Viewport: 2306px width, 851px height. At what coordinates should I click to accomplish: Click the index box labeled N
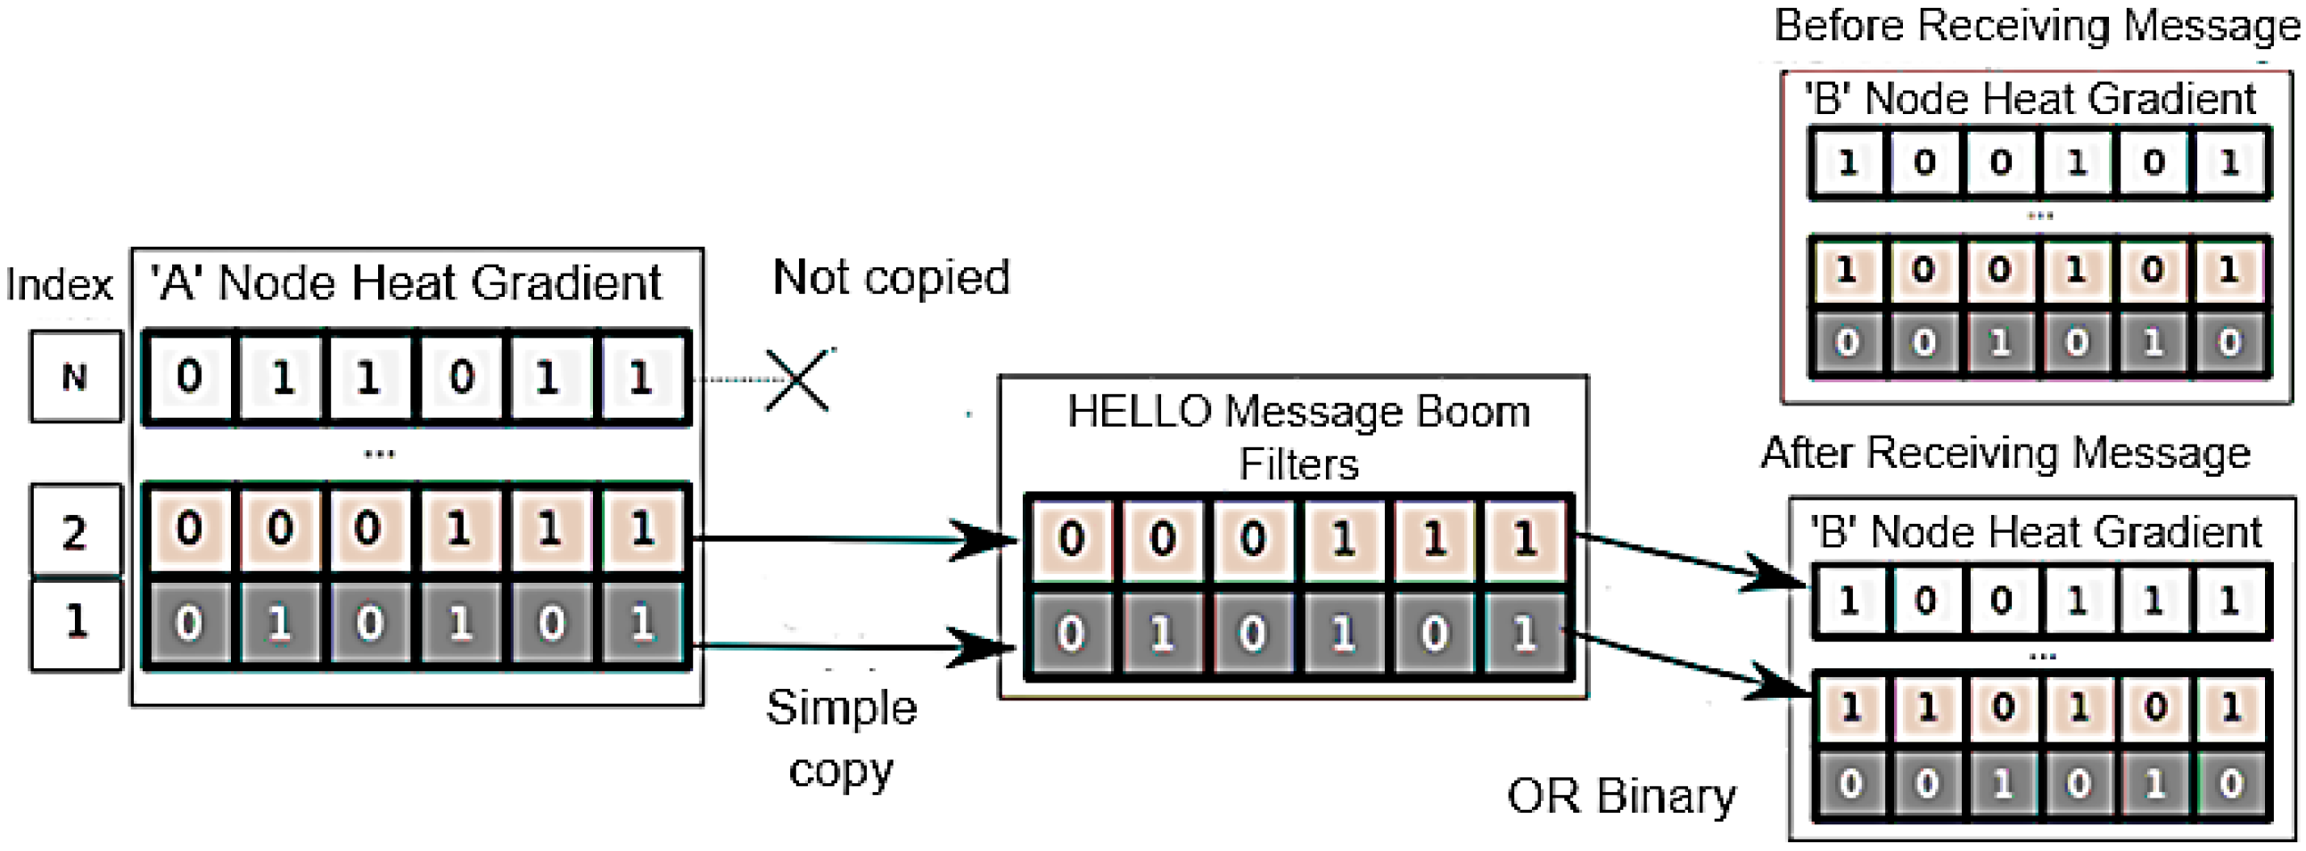75,377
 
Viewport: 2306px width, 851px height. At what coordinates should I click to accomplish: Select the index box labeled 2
75,530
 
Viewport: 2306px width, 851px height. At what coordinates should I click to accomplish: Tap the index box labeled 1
75,624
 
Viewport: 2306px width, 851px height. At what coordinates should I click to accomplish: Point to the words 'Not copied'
891,277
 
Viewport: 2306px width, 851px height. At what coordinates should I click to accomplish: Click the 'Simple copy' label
842,738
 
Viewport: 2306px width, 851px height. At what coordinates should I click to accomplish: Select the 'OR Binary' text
1620,796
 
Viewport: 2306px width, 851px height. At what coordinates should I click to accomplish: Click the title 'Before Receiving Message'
2037,25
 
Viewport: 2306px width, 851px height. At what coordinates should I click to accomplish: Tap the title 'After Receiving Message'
2005,453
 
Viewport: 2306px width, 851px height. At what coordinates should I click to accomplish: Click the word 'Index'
59,285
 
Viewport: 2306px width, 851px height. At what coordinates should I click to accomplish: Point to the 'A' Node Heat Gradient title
408,282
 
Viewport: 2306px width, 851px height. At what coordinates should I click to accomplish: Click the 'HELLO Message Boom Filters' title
1298,438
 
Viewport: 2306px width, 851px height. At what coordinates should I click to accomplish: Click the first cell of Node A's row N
189,377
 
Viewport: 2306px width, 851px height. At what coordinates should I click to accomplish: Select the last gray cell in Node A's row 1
641,623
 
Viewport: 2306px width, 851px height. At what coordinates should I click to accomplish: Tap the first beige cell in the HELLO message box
1072,540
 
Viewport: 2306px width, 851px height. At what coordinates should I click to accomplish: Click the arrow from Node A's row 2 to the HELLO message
851,539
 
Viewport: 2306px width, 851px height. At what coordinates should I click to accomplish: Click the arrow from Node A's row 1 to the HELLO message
851,646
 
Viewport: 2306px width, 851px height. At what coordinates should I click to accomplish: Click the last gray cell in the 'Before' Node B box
2229,343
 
